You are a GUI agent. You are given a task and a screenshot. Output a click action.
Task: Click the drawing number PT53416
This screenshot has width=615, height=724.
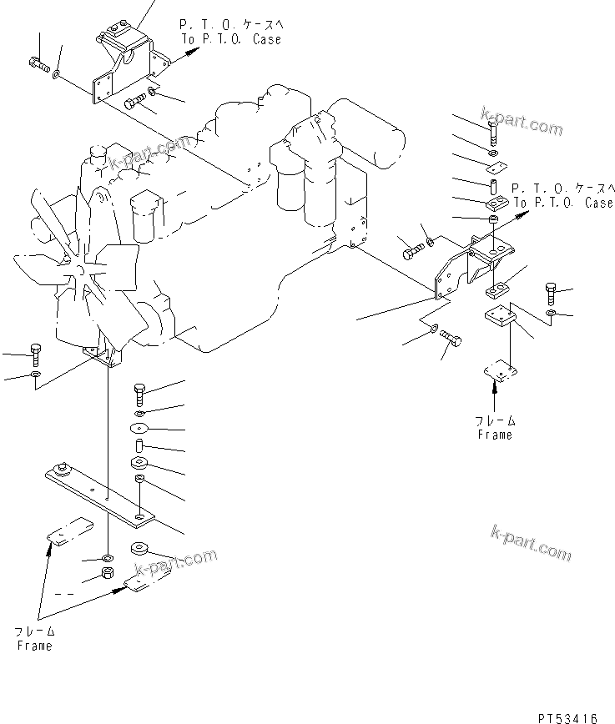point(567,718)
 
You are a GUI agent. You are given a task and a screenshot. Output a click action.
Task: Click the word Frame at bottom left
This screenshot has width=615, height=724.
point(35,646)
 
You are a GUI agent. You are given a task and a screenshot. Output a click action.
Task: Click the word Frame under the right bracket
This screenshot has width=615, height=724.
point(495,435)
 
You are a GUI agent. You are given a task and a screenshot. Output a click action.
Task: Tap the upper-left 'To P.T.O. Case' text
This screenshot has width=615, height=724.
point(231,39)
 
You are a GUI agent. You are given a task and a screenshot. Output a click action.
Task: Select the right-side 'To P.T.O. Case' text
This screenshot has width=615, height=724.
point(564,202)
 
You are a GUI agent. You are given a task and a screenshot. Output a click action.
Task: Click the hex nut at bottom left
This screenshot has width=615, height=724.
point(108,574)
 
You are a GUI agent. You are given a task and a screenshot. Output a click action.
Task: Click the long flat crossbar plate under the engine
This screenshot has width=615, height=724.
point(100,495)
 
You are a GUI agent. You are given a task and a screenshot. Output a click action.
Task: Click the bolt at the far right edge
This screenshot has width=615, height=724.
point(550,294)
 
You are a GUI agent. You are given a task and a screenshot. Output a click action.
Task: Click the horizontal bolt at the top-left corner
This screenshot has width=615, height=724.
point(39,64)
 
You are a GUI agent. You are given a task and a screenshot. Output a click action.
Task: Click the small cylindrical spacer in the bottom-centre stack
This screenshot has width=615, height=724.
point(139,446)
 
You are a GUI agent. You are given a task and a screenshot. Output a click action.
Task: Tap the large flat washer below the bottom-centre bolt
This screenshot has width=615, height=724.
point(139,428)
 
